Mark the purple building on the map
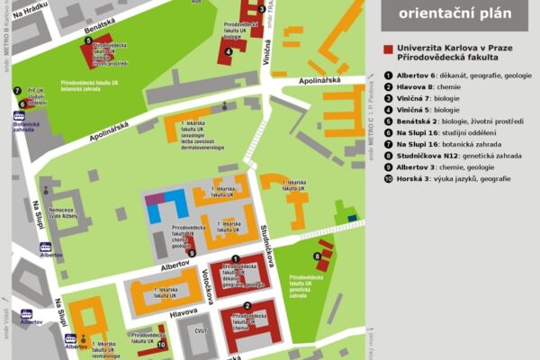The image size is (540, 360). click(155, 196)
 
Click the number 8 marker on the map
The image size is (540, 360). click(318, 256)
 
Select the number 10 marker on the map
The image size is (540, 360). click(162, 343)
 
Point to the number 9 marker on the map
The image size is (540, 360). click(192, 252)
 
